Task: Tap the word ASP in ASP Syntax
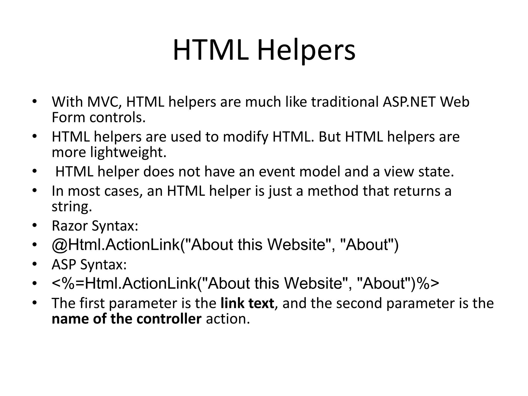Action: [64, 265]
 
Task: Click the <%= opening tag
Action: [68, 283]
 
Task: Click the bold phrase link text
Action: [247, 303]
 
